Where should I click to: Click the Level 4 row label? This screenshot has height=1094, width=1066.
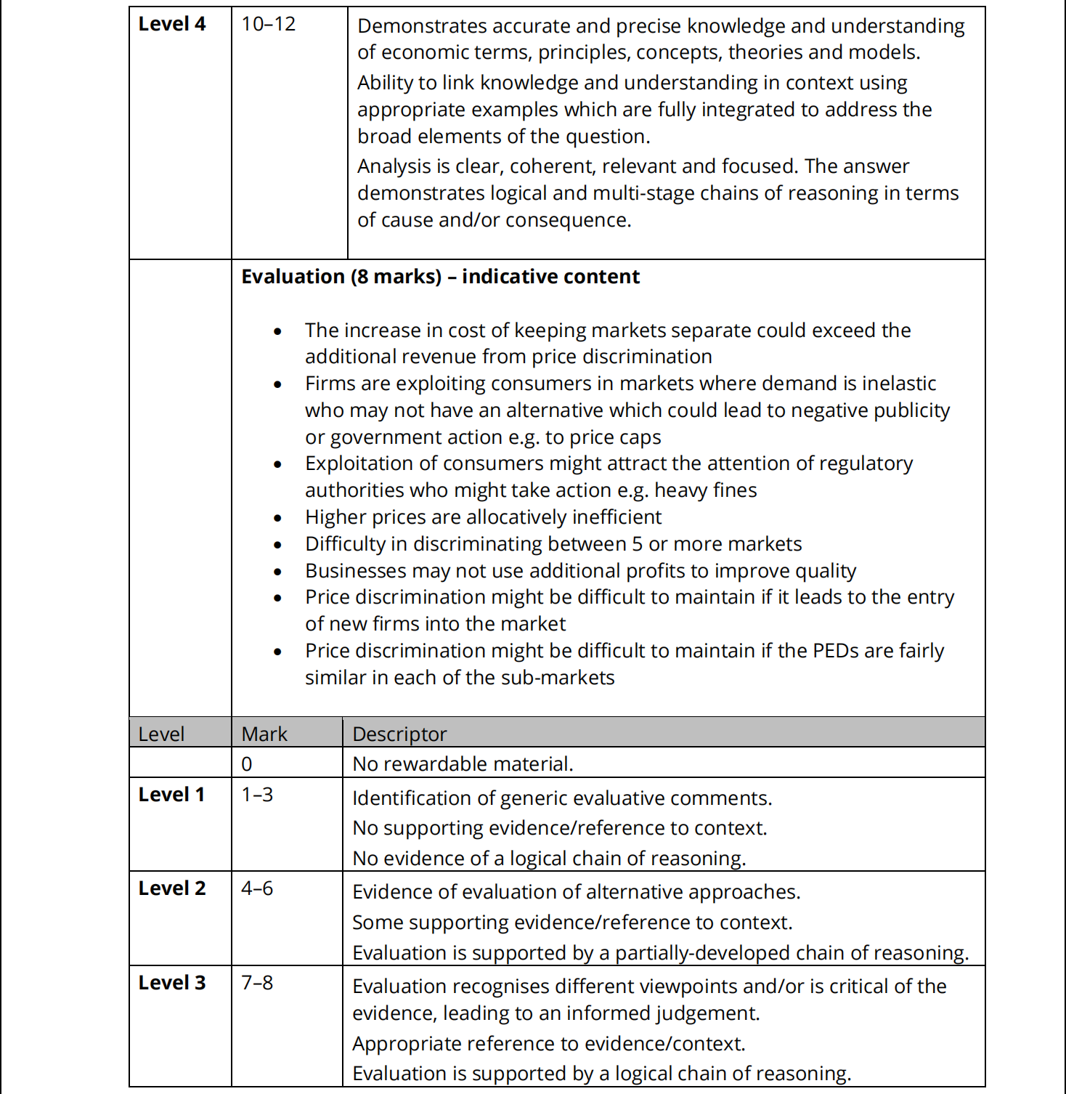(172, 24)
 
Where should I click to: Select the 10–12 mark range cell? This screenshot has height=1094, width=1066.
(268, 24)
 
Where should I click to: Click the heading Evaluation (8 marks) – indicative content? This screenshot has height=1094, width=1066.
(440, 277)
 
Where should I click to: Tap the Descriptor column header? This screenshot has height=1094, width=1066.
(399, 734)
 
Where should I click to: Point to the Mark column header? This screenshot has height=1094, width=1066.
(264, 734)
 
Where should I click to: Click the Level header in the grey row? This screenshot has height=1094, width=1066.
(161, 734)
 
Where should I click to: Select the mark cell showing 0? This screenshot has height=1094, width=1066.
(247, 764)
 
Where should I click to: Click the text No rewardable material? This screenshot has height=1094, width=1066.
(463, 764)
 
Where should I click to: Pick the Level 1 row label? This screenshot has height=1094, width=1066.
(171, 795)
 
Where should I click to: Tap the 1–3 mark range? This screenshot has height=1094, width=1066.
(257, 795)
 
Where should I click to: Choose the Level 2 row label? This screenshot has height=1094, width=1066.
(172, 888)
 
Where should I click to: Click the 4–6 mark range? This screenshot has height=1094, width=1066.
(257, 888)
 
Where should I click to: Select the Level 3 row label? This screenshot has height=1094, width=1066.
(172, 983)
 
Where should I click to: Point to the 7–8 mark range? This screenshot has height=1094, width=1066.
(257, 983)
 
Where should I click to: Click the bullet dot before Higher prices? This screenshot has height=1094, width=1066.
(277, 519)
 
